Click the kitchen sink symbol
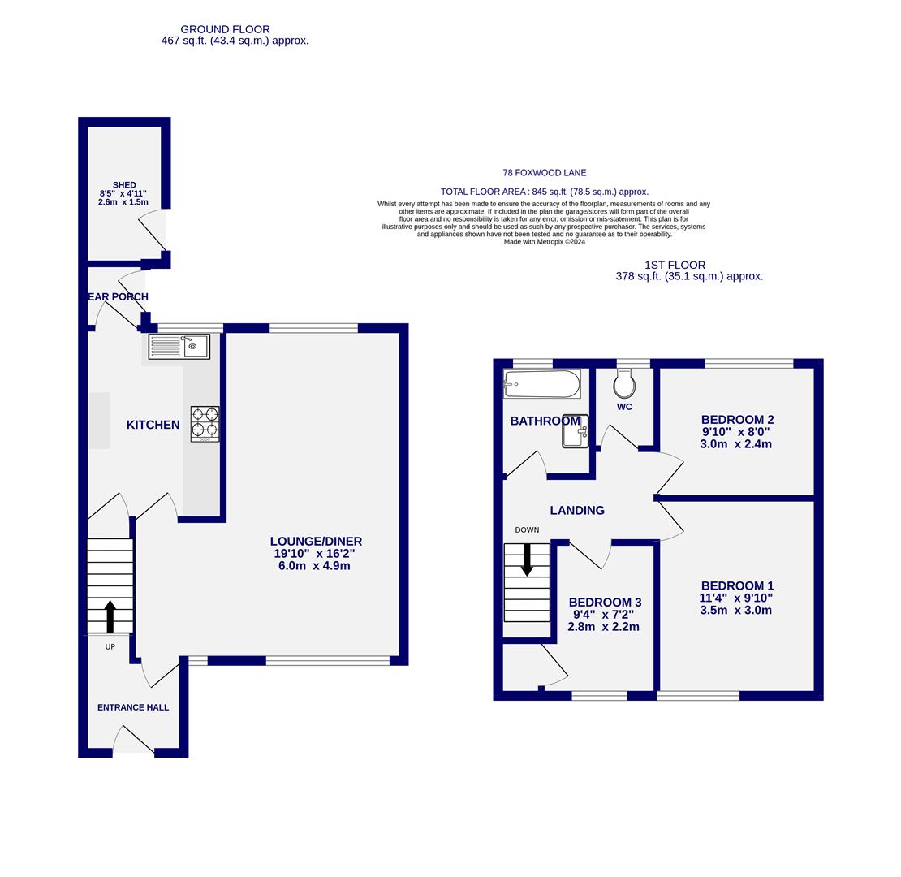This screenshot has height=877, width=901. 179,347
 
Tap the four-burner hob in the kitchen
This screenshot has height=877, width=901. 205,423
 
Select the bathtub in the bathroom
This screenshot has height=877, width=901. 541,384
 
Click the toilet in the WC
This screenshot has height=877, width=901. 624,383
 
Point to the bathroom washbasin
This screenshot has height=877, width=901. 575,432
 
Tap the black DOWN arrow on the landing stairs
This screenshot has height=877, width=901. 527,559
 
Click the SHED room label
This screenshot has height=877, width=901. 124,185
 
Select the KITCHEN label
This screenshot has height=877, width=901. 153,425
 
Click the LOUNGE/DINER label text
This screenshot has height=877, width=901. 316,542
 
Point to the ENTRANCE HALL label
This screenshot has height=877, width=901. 133,707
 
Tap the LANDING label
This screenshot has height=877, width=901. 577,511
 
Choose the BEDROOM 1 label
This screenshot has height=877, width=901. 737,586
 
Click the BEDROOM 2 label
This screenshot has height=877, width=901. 737,420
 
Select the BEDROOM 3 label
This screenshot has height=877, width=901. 605,603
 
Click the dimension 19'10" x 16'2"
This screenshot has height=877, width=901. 314,554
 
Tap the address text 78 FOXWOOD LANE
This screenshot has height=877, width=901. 544,173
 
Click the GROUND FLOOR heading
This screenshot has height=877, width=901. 225,29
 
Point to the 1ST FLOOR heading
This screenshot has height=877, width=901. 675,265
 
